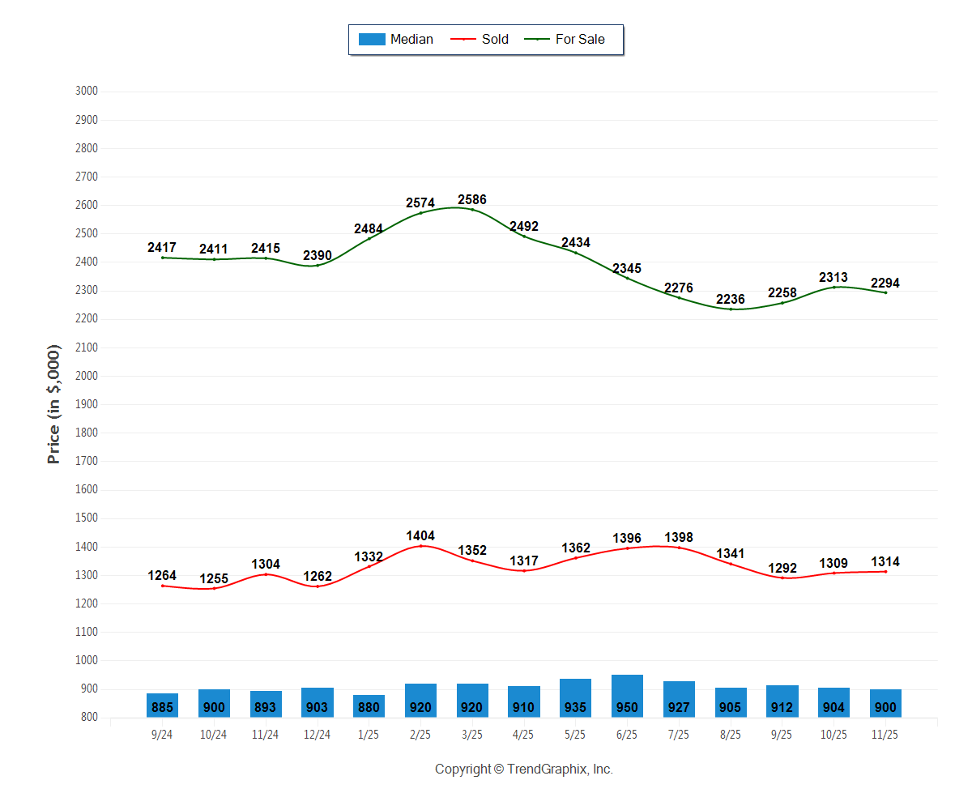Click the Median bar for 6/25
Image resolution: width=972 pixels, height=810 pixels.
[627, 696]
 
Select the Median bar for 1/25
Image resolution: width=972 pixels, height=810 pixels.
[369, 706]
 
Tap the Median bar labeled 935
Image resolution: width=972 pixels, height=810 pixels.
[575, 698]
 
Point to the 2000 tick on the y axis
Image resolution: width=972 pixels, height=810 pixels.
[86, 376]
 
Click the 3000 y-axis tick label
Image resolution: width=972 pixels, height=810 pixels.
[86, 91]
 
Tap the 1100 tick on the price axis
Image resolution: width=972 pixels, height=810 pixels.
[86, 632]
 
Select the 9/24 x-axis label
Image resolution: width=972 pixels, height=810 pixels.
[162, 735]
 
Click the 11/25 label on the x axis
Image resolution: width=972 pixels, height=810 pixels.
[885, 735]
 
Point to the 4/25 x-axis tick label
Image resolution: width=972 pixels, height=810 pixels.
[523, 735]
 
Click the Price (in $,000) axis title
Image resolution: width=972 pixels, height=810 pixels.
[54, 404]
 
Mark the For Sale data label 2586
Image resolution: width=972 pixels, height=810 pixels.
[472, 199]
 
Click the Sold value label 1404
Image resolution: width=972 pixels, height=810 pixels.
[420, 535]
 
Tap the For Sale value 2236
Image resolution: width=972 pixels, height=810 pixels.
[731, 299]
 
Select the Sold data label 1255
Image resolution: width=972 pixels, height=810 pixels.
[214, 578]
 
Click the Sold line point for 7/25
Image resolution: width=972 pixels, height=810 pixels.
[679, 548]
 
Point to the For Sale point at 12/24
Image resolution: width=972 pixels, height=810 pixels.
[318, 266]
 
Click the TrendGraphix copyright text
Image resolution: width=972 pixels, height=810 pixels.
[523, 769]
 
